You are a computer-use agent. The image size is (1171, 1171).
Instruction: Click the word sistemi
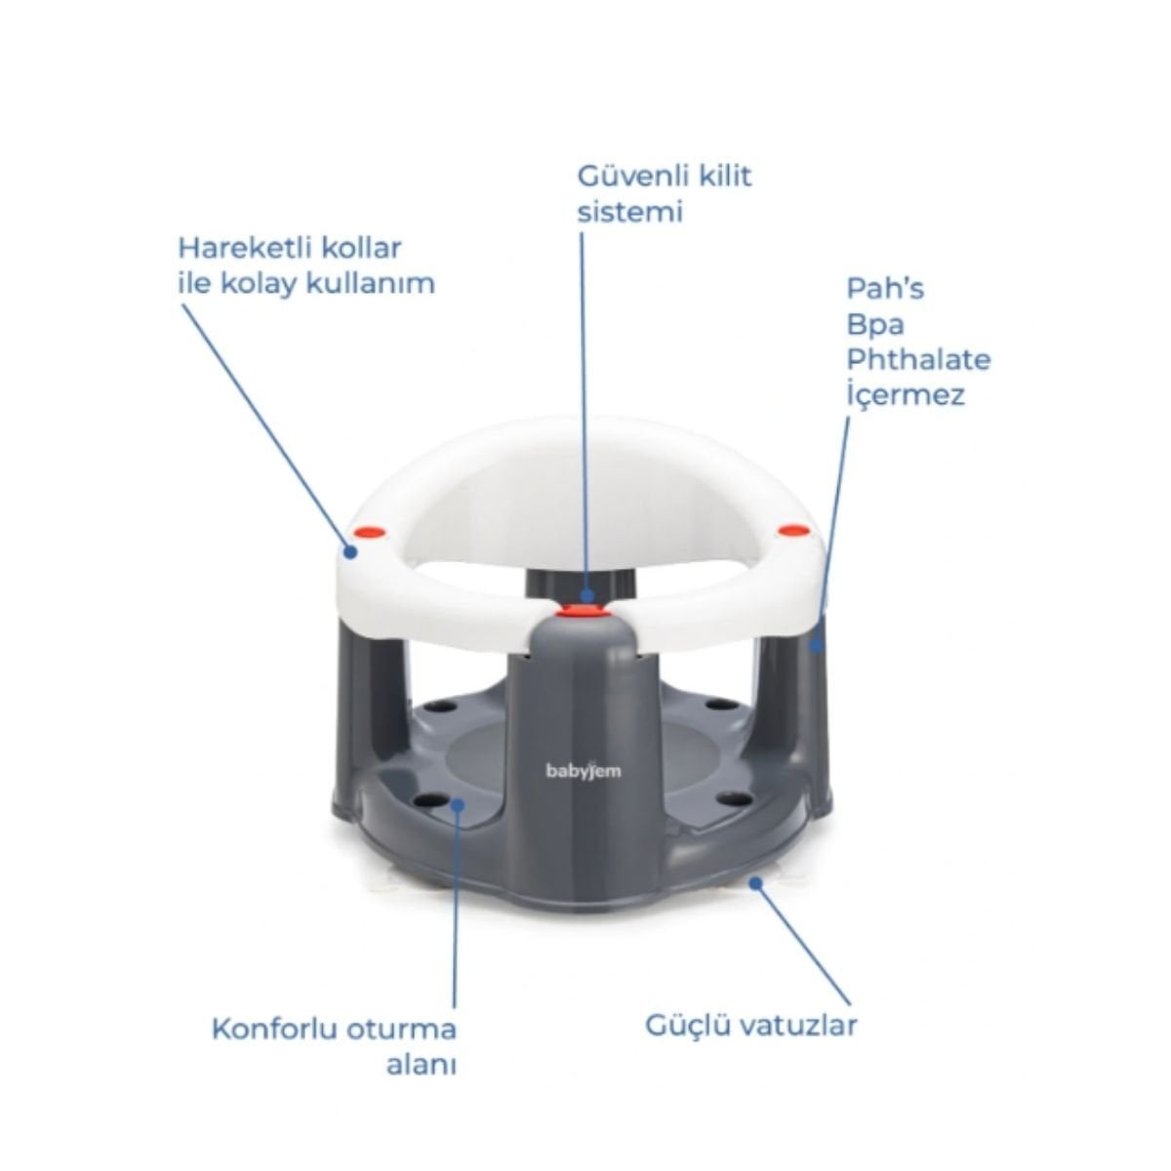630,212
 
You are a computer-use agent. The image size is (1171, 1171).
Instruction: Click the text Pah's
885,288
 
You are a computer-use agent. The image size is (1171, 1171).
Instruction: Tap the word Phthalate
919,360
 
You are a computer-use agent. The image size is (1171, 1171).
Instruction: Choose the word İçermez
906,394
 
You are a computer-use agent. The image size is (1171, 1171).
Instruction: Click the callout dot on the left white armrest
349,551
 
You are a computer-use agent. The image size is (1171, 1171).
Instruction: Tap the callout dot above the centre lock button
585,595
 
